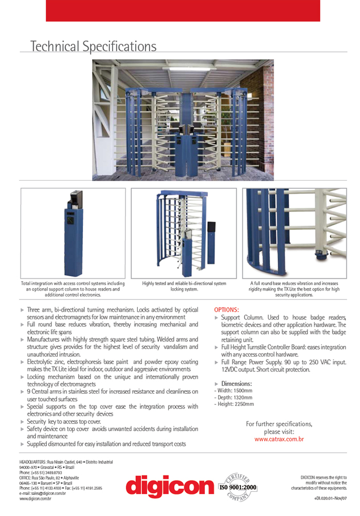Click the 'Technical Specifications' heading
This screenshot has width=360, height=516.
click(93, 46)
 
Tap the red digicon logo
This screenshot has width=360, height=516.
click(169, 486)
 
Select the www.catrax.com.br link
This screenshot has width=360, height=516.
click(279, 439)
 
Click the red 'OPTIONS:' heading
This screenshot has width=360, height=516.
click(226, 310)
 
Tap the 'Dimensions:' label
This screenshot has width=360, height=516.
click(236, 384)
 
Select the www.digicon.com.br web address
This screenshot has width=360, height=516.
click(35, 499)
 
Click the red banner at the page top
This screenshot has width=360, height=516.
click(183, 11)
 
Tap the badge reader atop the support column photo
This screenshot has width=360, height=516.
click(76, 199)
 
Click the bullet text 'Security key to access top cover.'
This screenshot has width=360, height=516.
click(64, 421)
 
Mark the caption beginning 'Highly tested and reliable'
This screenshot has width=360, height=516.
click(184, 286)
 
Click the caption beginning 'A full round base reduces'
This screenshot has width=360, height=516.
click(294, 289)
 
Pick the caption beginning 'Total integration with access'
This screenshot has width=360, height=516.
click(73, 289)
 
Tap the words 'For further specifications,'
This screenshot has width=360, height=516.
click(279, 424)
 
